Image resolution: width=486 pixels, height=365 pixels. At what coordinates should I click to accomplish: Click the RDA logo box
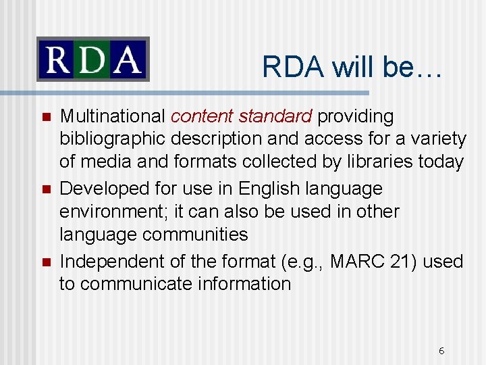click(92, 59)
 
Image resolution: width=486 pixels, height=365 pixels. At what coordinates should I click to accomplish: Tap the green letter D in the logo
click(92, 59)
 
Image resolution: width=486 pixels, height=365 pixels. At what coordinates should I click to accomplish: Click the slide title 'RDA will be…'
click(352, 66)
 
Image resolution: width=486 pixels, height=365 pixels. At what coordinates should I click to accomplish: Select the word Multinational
click(113, 117)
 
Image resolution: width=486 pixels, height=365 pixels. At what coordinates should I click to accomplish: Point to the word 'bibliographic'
click(113, 139)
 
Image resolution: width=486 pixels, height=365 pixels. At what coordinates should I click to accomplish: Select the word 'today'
click(443, 162)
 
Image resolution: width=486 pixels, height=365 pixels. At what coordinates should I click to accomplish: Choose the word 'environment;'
click(114, 212)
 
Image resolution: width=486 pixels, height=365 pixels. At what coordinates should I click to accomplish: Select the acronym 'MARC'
click(354, 261)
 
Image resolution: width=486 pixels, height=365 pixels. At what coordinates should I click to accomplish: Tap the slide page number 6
click(441, 351)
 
